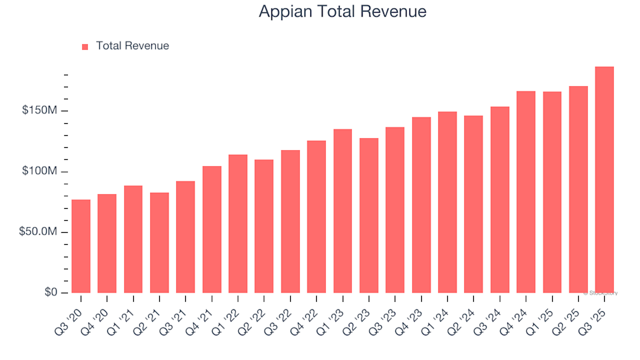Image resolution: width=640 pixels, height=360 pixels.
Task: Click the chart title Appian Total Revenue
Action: click(x=342, y=12)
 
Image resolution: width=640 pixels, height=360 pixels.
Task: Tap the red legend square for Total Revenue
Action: click(x=85, y=47)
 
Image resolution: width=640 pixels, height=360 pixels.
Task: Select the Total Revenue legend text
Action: click(x=132, y=46)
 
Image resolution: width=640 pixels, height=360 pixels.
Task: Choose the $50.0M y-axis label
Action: click(x=41, y=232)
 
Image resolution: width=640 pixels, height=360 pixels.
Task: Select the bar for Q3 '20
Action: click(x=81, y=247)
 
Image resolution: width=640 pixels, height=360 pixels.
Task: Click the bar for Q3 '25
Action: click(x=604, y=180)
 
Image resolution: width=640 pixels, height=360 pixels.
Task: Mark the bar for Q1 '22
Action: click(x=238, y=224)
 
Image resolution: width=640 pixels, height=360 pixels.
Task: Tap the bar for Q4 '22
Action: click(x=317, y=217)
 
